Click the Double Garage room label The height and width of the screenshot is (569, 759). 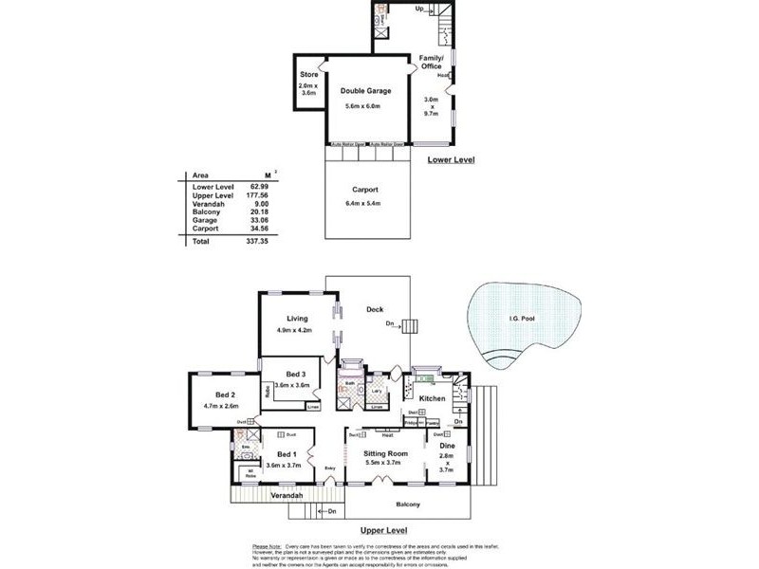[x=365, y=91]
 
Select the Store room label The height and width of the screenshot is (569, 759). [x=308, y=75]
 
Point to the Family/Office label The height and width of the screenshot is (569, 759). [x=433, y=62]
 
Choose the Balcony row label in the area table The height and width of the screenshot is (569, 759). [x=206, y=211]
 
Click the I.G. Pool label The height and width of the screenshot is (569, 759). [x=522, y=319]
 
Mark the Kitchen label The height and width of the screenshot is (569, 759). [x=432, y=399]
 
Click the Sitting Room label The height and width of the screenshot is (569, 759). [x=385, y=454]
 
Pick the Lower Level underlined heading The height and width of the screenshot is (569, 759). [x=451, y=160]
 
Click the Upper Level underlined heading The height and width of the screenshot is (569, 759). [x=384, y=531]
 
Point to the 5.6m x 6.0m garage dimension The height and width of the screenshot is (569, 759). [x=365, y=106]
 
